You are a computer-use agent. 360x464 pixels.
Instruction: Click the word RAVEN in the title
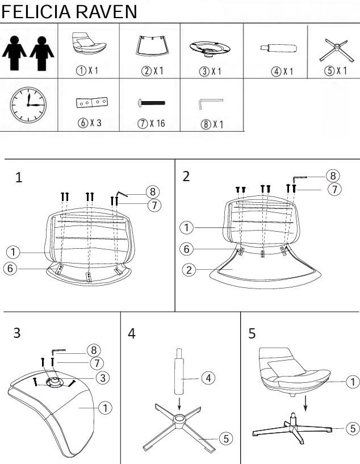[x=107, y=12]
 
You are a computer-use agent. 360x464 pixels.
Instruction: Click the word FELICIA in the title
[x=36, y=12]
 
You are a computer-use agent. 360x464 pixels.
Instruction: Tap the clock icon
[x=28, y=104]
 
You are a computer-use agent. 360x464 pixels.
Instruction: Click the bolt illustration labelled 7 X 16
[x=152, y=103]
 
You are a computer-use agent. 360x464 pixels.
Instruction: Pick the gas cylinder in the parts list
[x=279, y=48]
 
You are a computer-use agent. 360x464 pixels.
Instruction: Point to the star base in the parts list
[x=337, y=50]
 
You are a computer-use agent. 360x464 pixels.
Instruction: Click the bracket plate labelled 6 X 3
[x=92, y=102]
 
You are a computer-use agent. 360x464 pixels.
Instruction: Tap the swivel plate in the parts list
[x=210, y=48]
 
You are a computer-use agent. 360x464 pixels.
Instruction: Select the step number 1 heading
[x=19, y=178]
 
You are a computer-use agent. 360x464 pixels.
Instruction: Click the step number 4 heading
[x=132, y=333]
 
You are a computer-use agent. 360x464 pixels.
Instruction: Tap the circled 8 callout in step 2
[x=333, y=176]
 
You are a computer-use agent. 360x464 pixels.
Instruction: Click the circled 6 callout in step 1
[x=10, y=269]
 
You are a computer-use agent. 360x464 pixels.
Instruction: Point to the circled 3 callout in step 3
[x=103, y=378]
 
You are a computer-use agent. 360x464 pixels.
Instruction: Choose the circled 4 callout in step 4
[x=208, y=378]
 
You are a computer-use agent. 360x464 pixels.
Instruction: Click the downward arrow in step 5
[x=305, y=403]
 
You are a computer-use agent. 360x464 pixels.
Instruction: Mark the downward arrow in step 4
[x=179, y=404]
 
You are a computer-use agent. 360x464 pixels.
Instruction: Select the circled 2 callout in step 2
[x=189, y=270]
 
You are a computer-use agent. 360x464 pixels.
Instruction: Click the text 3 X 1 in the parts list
[x=210, y=72]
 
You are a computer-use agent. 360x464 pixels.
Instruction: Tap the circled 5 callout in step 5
[x=353, y=428]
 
